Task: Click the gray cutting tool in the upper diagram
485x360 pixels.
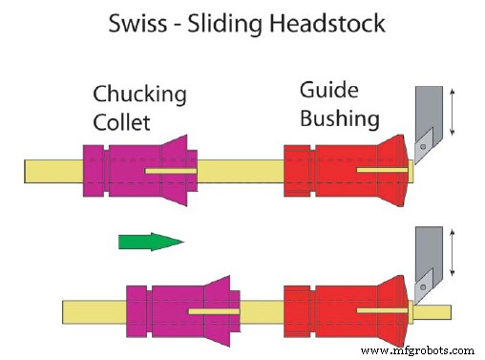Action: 428,119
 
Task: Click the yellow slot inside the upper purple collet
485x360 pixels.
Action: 172,171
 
